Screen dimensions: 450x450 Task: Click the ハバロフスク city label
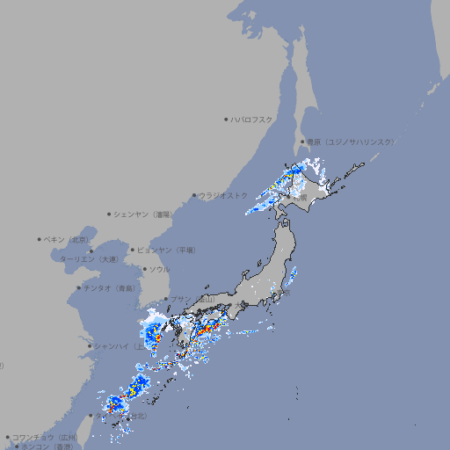253,119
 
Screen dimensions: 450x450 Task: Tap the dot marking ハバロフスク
226,119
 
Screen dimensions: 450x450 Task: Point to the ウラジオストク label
223,195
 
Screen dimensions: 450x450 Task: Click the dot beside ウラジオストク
194,195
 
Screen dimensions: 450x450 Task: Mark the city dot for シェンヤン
109,214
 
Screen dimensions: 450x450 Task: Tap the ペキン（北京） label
67,239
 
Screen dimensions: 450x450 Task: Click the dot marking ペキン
40,239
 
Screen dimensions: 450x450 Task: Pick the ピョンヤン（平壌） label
167,250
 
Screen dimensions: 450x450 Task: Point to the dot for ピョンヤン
133,250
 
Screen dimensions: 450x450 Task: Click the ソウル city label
159,269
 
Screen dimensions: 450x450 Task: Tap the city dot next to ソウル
144,269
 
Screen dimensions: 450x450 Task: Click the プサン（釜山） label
192,300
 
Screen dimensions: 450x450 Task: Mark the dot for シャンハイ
90,345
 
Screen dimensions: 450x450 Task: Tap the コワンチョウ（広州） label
45,437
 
